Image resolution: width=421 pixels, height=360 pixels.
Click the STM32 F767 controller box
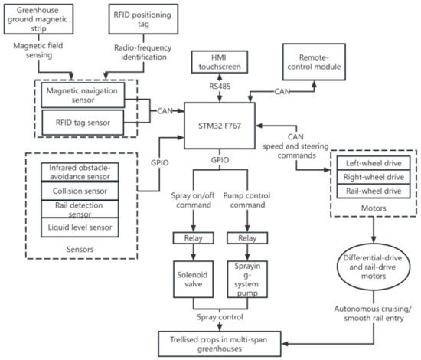tap(220, 126)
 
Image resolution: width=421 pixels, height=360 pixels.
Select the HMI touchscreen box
tap(220, 62)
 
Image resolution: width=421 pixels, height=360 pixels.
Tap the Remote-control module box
tap(314, 62)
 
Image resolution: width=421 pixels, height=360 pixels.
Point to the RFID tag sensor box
tap(83, 123)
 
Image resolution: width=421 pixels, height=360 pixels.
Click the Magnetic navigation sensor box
tap(83, 95)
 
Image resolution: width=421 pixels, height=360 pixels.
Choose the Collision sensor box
tap(80, 191)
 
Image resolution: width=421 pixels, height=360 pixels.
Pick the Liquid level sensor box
tap(80, 227)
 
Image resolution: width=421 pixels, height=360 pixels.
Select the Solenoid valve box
tap(194, 279)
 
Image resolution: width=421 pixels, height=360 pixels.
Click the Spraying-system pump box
tap(247, 279)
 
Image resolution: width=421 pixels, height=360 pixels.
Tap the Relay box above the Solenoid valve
tap(194, 238)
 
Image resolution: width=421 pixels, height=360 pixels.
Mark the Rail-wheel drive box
tap(374, 191)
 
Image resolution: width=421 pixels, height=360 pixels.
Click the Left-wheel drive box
tap(374, 163)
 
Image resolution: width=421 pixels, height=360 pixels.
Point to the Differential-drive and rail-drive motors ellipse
tap(374, 267)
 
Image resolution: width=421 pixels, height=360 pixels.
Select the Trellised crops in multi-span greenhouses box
tap(220, 344)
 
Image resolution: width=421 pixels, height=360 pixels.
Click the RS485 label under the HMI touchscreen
tap(220, 87)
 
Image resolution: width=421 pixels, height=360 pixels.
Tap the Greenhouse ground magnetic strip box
tap(38, 19)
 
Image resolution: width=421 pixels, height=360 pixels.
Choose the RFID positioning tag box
tap(143, 19)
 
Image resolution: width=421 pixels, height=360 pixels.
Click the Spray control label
tap(220, 317)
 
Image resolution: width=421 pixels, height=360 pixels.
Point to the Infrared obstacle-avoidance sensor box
tap(80, 172)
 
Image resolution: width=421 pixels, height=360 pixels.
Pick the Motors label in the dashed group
tap(374, 208)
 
